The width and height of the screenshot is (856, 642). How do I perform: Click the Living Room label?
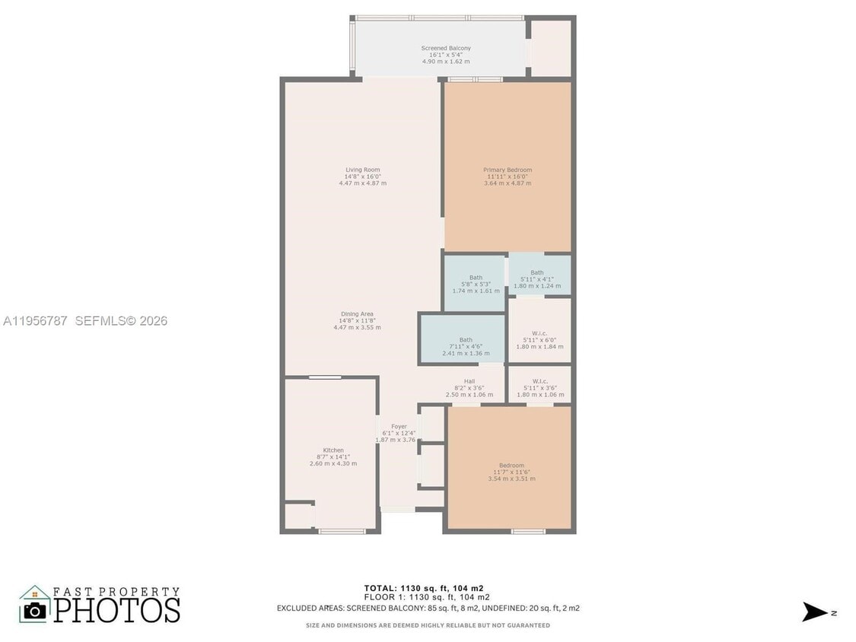click(362, 170)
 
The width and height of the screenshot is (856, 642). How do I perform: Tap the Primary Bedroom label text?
click(508, 170)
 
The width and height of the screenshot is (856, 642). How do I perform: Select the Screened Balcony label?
click(446, 48)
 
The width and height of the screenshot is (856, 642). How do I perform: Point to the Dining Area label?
click(357, 313)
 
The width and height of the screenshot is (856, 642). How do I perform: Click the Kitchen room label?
click(333, 450)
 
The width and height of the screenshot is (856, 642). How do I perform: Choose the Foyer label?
click(399, 427)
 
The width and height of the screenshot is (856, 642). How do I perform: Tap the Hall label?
click(469, 381)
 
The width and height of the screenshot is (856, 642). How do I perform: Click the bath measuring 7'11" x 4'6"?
click(465, 340)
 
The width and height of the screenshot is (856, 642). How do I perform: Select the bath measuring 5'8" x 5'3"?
click(476, 278)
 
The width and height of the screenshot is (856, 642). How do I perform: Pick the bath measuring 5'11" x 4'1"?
click(537, 272)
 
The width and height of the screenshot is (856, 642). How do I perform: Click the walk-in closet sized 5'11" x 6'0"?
click(539, 332)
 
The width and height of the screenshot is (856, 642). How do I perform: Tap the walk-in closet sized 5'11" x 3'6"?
click(539, 381)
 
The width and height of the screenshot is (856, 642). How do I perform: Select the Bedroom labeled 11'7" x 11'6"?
click(511, 466)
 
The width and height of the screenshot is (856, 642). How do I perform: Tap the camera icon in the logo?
click(34, 610)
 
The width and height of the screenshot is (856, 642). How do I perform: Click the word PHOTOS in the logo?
click(116, 610)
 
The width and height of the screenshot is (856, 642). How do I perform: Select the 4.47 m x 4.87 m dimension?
click(362, 183)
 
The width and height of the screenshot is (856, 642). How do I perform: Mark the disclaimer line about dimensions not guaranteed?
click(428, 625)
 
